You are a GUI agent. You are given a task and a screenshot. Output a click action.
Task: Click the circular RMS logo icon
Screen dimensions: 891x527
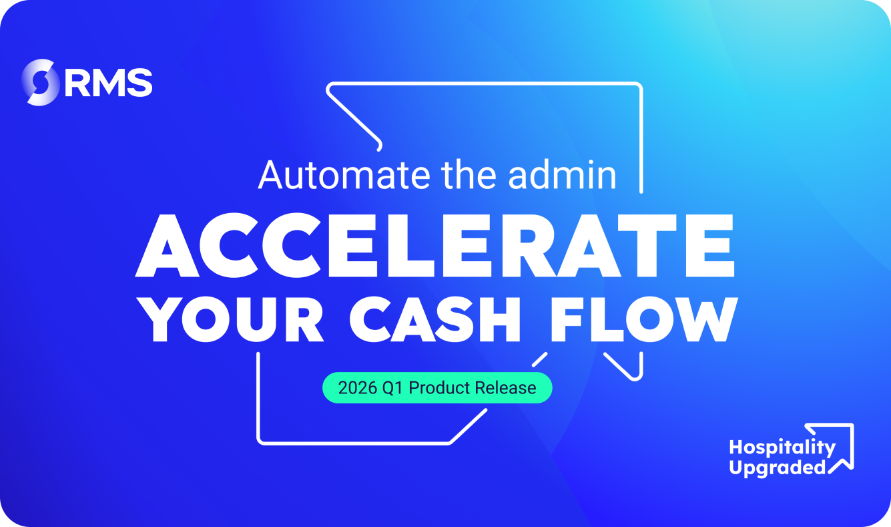pyautogui.click(x=40, y=82)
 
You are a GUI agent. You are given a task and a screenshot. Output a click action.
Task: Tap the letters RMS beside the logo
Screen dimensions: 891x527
pyautogui.click(x=109, y=83)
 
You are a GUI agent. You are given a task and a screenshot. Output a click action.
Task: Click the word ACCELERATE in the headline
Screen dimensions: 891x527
pyautogui.click(x=435, y=245)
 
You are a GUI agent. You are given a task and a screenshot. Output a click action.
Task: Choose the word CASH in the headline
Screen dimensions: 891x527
pyautogui.click(x=434, y=320)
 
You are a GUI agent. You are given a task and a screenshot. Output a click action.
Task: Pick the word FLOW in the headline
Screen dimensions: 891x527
pyautogui.click(x=644, y=320)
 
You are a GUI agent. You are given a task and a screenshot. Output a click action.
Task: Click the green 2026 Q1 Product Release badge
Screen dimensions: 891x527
pyautogui.click(x=437, y=387)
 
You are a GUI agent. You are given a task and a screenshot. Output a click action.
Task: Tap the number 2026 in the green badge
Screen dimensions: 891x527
pyautogui.click(x=358, y=387)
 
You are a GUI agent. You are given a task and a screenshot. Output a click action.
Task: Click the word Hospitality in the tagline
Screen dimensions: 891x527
pyautogui.click(x=782, y=448)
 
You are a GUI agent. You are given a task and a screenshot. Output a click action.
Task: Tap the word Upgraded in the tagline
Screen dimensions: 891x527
pyautogui.click(x=778, y=468)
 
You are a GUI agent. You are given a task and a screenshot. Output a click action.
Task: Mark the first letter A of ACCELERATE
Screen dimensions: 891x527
pyautogui.click(x=167, y=245)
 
